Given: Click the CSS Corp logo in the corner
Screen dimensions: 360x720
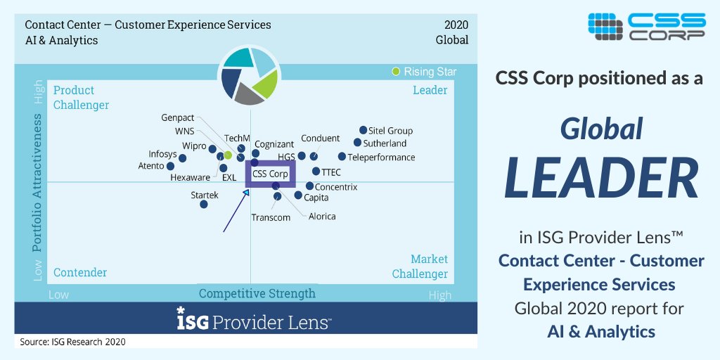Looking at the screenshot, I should coord(646,26).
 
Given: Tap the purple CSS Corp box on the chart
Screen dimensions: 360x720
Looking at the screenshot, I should coord(270,174).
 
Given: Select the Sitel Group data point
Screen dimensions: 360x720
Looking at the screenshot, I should coord(363,130).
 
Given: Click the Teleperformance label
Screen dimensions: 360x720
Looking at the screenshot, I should coord(381,157).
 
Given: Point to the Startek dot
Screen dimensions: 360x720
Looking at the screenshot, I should coord(203,205).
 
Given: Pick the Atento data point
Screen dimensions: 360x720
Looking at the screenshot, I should coord(170,167).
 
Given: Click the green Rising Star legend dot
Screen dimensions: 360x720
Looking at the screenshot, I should coord(396,72).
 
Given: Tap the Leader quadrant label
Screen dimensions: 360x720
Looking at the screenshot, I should coord(430,90).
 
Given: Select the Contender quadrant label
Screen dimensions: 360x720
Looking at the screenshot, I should coord(80,273).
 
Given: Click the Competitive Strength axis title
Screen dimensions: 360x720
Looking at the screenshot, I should coord(257,293).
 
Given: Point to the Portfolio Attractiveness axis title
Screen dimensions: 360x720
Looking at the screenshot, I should coord(37,185).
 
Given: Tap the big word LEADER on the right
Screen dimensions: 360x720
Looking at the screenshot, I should coord(601,178).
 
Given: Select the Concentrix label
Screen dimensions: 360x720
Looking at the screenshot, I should coord(336,187).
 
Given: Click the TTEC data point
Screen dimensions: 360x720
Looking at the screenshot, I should coord(316,171).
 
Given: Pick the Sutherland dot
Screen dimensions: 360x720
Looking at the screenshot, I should coord(357,143).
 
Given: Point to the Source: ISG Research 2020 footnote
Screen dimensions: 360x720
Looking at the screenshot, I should coord(72,342).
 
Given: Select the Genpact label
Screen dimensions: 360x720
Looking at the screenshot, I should coord(178,118).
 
